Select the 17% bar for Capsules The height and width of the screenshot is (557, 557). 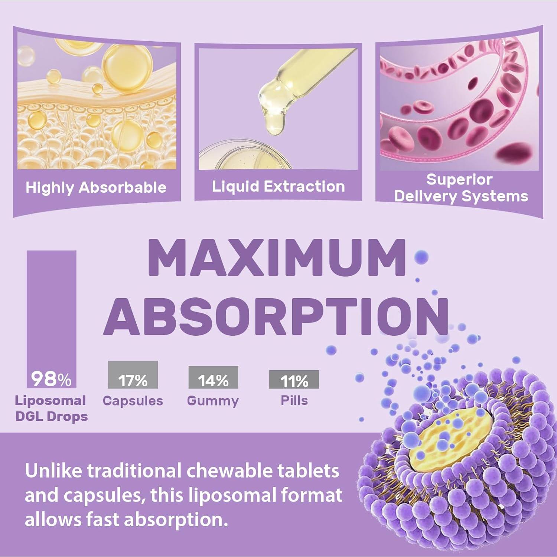pyautogui.click(x=133, y=375)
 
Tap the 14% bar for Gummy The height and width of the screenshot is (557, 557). pyautogui.click(x=213, y=377)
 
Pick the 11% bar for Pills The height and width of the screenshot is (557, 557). pyautogui.click(x=294, y=380)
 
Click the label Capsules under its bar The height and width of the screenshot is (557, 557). pyautogui.click(x=133, y=401)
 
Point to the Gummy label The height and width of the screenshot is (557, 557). pyautogui.click(x=213, y=401)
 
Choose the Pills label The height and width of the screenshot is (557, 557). pyautogui.click(x=294, y=400)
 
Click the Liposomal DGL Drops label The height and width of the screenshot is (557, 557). pyautogui.click(x=51, y=408)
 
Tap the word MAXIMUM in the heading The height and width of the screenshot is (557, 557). pyautogui.click(x=277, y=258)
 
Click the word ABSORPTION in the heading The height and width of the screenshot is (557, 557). pyautogui.click(x=277, y=316)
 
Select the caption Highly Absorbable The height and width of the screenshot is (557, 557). pyautogui.click(x=96, y=188)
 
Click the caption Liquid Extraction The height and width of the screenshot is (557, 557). pyautogui.click(x=278, y=186)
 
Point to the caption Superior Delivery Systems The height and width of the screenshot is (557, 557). pyautogui.click(x=460, y=188)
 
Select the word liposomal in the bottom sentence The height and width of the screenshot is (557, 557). pyautogui.click(x=232, y=495)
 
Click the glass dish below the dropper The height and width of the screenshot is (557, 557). pyautogui.click(x=241, y=156)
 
